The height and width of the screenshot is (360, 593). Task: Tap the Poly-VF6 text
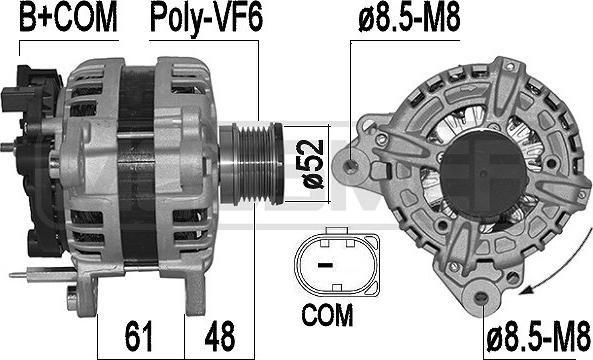(205, 17)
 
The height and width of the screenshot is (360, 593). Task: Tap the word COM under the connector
(327, 316)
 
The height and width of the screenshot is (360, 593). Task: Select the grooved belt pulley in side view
(254, 156)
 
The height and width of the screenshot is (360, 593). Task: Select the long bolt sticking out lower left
(35, 272)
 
